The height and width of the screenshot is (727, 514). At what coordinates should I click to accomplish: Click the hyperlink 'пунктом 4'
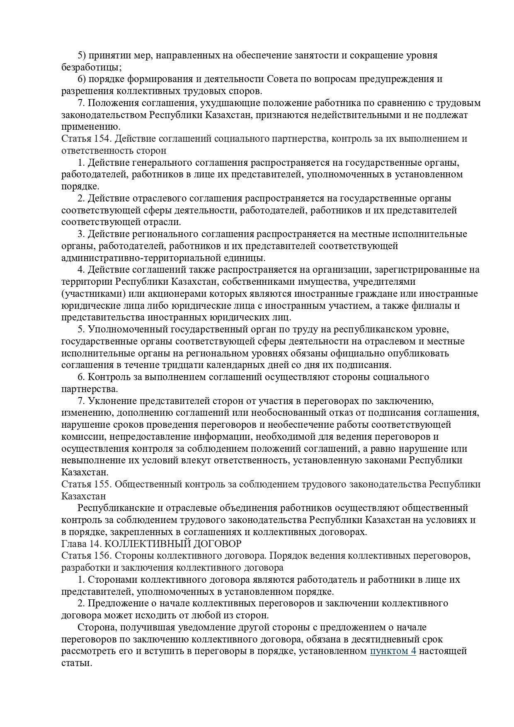coord(393,651)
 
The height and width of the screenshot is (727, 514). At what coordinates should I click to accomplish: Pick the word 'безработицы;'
coord(92,67)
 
